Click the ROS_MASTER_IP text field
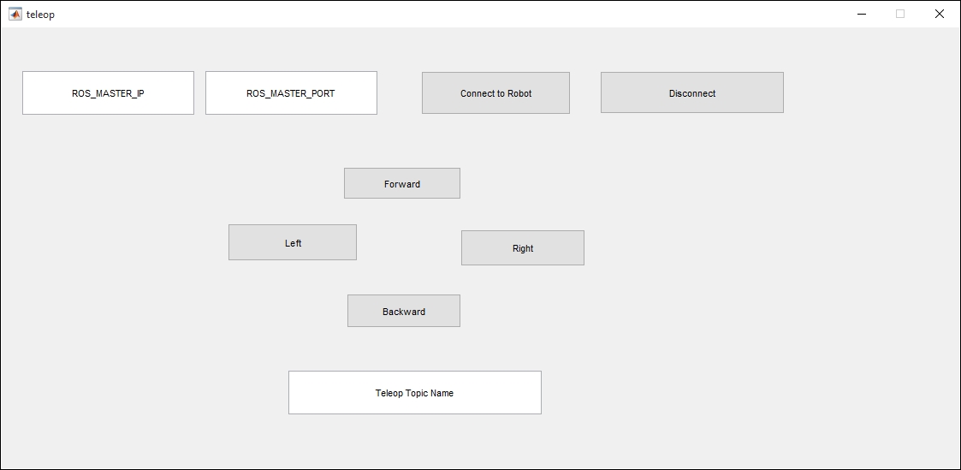(108, 92)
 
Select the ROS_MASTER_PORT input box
(291, 92)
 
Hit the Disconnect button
(692, 92)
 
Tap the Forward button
(402, 183)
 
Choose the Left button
(293, 242)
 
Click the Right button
(523, 247)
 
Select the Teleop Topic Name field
(415, 392)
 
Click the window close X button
(940, 14)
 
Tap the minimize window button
(862, 14)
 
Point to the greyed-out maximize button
(900, 14)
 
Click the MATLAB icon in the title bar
(15, 14)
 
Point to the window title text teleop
(40, 14)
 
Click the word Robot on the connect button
(519, 94)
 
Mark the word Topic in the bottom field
(417, 393)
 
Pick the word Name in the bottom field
(442, 393)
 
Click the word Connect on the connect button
(477, 94)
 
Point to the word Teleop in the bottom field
(389, 393)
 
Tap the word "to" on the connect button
(499, 94)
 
